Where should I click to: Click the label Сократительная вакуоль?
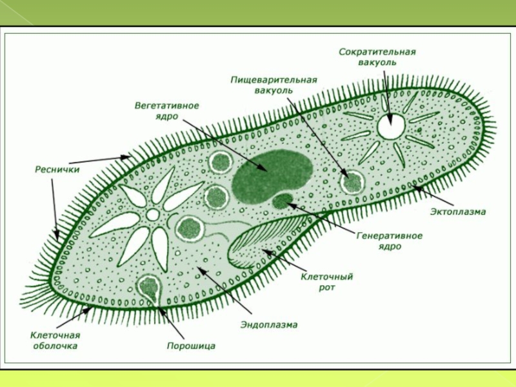377,57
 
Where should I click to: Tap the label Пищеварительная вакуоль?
273,84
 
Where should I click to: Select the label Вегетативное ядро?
166,110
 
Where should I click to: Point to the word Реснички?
57,170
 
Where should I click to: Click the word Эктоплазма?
458,211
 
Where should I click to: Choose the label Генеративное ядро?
389,241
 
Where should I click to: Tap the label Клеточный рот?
327,281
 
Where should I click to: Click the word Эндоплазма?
269,325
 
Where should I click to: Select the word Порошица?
191,346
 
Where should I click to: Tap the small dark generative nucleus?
282,202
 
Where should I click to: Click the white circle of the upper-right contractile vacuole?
390,126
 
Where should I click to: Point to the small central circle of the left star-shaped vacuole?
153,214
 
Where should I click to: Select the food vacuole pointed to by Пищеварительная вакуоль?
352,183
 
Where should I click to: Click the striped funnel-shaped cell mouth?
252,245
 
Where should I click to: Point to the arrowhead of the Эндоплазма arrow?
199,269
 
